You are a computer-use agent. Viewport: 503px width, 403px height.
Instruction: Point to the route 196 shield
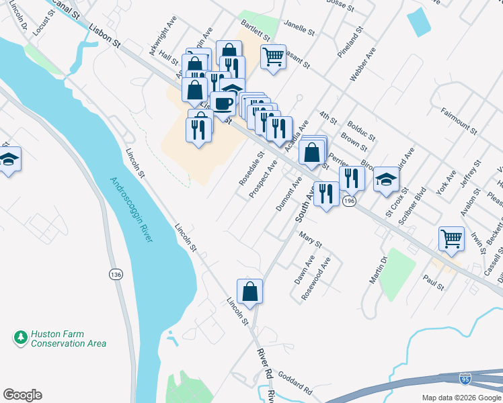[348, 201]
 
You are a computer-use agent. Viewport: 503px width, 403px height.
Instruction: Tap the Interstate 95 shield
[465, 379]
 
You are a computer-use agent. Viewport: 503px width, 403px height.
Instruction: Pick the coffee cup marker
[223, 103]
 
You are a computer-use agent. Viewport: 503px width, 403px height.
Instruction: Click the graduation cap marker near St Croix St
[386, 178]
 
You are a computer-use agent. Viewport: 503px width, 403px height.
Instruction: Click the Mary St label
[310, 240]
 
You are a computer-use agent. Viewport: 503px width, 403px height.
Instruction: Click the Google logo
[22, 395]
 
